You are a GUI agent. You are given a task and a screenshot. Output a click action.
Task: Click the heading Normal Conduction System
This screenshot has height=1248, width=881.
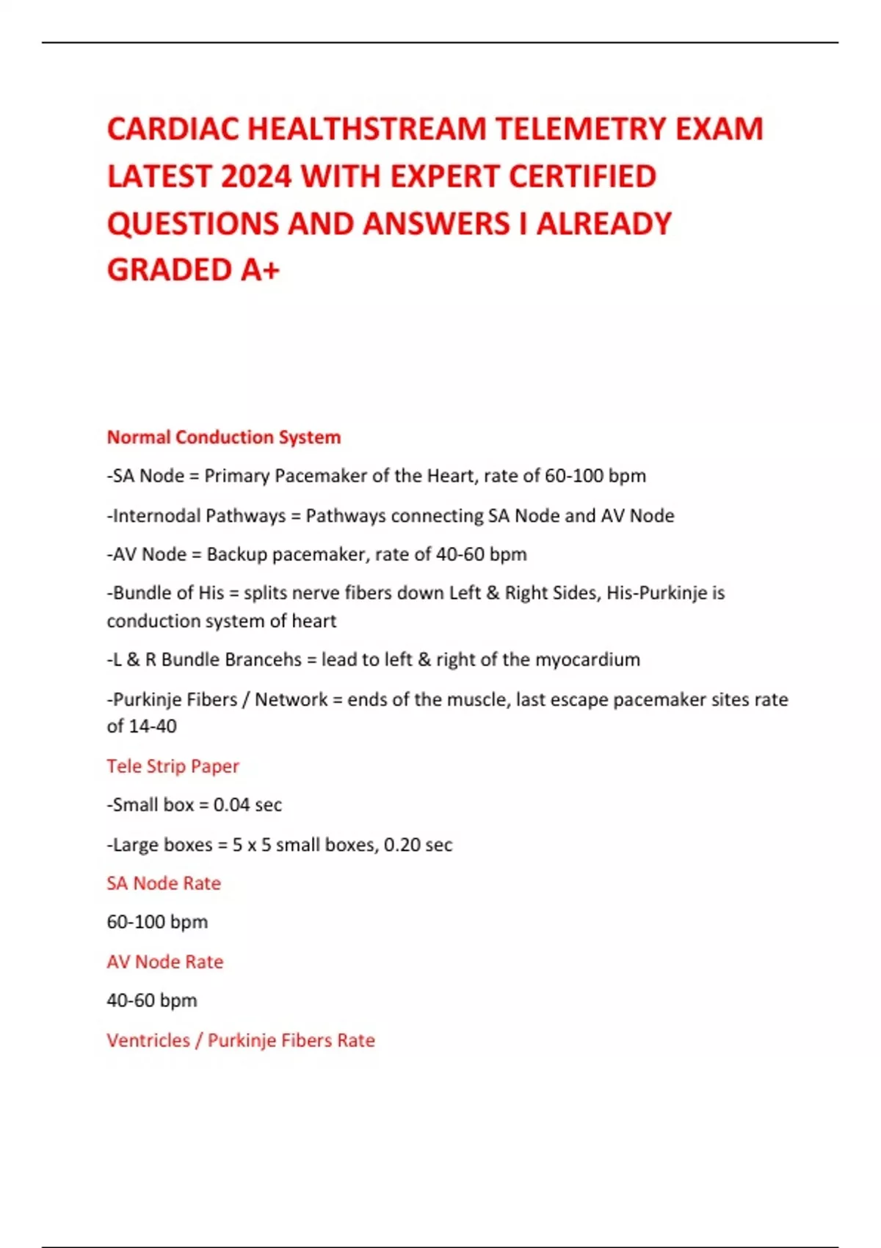pyautogui.click(x=224, y=438)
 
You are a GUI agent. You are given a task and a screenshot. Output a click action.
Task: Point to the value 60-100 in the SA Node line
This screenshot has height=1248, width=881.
pyautogui.click(x=573, y=476)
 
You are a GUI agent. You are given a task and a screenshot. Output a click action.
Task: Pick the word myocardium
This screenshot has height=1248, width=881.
pyautogui.click(x=587, y=659)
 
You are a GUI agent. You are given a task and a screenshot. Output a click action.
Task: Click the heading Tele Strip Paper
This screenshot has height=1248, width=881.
pyautogui.click(x=173, y=766)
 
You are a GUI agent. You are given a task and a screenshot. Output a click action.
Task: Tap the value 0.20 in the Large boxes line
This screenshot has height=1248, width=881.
pyautogui.click(x=402, y=845)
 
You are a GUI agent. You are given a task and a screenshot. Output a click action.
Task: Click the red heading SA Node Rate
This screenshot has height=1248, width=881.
pyautogui.click(x=164, y=883)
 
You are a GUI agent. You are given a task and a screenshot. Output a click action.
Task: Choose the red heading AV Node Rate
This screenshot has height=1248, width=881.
pyautogui.click(x=165, y=962)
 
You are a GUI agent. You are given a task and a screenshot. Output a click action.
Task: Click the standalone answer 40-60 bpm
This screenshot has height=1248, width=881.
pyautogui.click(x=152, y=1001)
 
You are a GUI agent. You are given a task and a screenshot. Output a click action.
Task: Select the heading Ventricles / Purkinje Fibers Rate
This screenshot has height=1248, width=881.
pyautogui.click(x=241, y=1040)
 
